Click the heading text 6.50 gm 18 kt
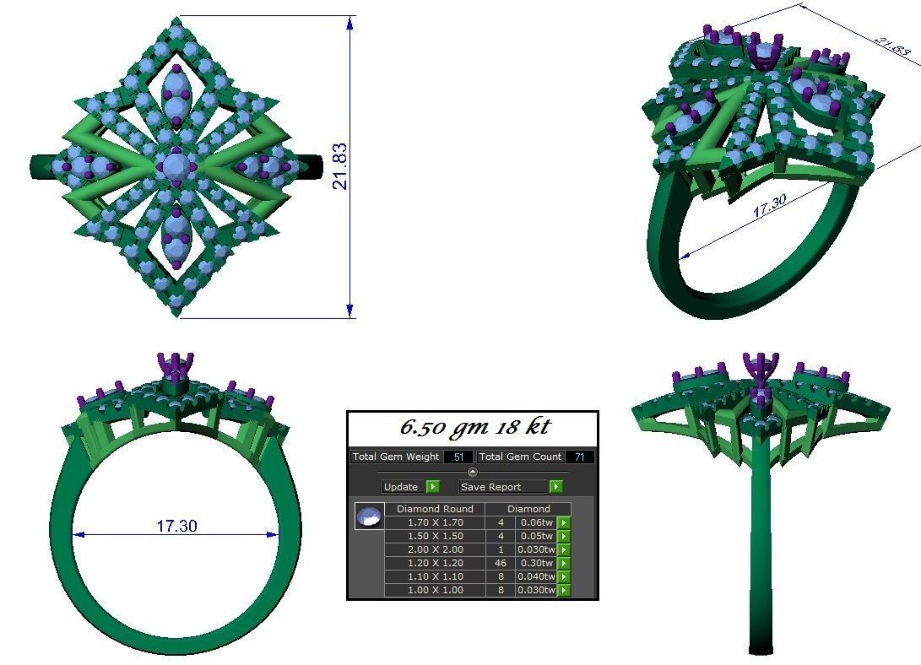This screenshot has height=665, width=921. pos(473,428)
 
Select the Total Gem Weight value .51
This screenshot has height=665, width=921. pos(458,457)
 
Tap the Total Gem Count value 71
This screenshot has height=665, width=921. pos(580,457)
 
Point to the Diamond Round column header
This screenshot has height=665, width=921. pos(435,509)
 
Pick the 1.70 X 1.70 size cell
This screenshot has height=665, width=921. pos(435,522)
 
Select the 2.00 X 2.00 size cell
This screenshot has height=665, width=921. pos(435,549)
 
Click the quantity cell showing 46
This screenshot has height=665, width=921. pos(501,563)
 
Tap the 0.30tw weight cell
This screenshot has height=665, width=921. pos(536,563)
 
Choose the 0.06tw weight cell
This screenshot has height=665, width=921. pos(536,522)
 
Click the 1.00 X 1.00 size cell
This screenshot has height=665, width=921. pos(435,590)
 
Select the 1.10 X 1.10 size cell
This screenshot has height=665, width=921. pos(435,576)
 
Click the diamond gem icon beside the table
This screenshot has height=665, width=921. pos(369,516)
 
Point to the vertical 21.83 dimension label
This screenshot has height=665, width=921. pos(340,166)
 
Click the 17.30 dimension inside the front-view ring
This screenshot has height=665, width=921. pos(176,526)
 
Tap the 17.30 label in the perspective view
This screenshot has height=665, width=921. pos(768,206)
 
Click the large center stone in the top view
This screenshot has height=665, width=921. pos(176,166)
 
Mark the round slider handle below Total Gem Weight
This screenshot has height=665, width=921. pos(472,472)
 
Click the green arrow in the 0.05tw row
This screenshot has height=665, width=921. pos(563,536)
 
